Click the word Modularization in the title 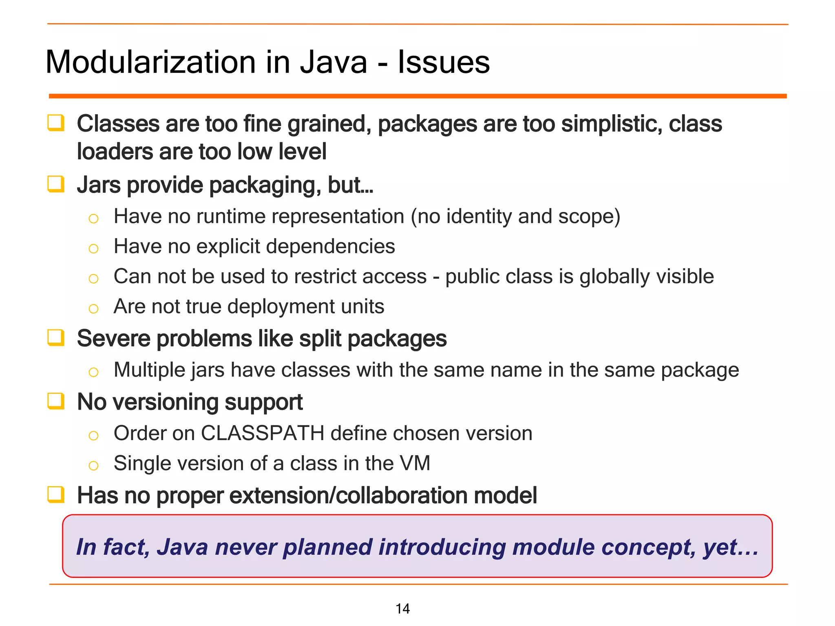point(151,62)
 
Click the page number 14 point(402,609)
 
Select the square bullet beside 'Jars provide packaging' point(56,184)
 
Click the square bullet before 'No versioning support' point(56,401)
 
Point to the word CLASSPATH point(263,433)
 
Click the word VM point(415,463)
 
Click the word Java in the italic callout point(183,547)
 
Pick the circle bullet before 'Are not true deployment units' point(93,309)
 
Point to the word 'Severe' point(114,339)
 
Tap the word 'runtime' point(231,216)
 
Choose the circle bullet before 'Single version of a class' point(93,465)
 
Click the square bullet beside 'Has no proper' point(56,495)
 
